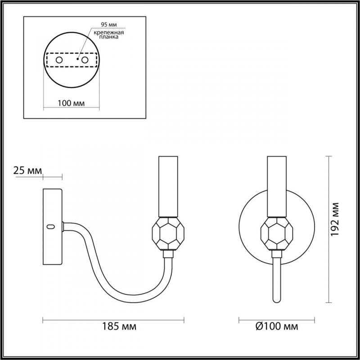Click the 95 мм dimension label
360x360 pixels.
click(109, 25)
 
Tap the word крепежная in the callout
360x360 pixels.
click(109, 32)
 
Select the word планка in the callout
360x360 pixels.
click(109, 37)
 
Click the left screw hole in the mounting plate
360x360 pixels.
click(59, 60)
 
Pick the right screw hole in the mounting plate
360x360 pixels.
click(85, 60)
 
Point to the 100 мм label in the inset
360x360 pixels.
click(71, 103)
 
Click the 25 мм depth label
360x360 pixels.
click(27, 171)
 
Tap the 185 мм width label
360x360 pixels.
click(119, 326)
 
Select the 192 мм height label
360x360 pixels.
click(335, 219)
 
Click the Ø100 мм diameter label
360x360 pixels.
click(277, 326)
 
